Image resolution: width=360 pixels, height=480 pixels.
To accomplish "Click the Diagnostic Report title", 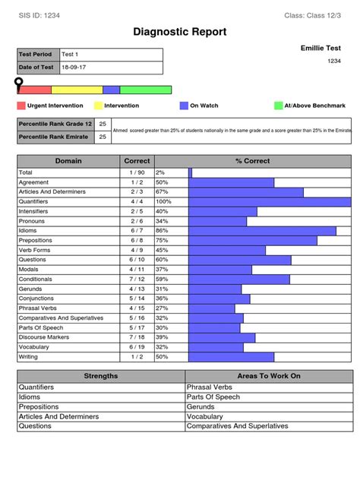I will click(x=179, y=32).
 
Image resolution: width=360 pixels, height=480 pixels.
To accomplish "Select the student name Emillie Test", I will click(x=322, y=48).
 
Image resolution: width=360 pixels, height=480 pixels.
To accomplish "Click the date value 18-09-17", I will click(x=74, y=68).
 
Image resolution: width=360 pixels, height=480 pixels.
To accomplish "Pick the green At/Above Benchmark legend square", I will click(x=278, y=106).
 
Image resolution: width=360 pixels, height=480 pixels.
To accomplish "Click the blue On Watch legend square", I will click(x=184, y=106).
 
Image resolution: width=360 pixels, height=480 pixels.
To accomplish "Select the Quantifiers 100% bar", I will click(x=270, y=202).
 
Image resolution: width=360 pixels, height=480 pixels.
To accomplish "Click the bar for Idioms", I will click(x=262, y=231).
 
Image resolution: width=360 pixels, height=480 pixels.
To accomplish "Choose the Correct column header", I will click(x=137, y=161).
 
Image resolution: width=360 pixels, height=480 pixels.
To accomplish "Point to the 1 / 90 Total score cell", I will click(x=137, y=172).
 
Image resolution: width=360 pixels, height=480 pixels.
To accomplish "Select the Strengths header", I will click(x=101, y=376).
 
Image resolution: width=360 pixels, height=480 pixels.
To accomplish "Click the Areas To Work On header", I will click(x=269, y=376).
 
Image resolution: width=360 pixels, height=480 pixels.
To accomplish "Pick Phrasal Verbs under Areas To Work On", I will click(x=210, y=387).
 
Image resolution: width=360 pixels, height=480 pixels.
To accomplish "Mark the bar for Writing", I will click(x=231, y=356).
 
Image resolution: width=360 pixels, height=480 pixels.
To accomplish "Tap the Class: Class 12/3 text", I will click(x=312, y=15).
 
